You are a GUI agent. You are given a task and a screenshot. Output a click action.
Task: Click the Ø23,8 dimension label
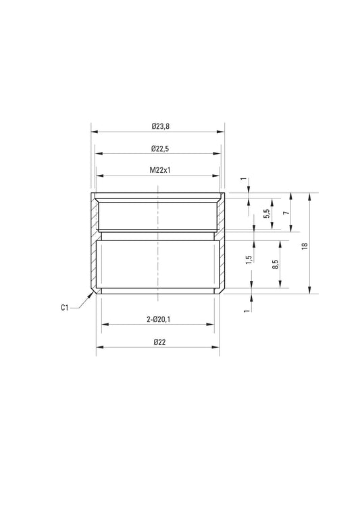160,126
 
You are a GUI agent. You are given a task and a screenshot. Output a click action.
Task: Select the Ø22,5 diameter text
160,149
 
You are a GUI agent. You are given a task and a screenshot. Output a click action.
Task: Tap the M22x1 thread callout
160,171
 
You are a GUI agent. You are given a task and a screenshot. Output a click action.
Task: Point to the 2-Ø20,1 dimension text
159,319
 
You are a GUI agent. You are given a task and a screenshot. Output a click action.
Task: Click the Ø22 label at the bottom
159,342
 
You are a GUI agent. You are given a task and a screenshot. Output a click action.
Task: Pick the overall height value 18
305,247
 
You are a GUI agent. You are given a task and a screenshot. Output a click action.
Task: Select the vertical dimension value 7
286,213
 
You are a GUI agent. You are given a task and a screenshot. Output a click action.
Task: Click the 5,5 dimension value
267,213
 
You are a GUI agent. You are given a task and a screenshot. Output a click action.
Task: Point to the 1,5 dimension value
249,259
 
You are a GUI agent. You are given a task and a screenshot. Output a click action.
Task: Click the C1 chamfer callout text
64,308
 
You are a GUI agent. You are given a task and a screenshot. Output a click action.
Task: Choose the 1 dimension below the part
246,309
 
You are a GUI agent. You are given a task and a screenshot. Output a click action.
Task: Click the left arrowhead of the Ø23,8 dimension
93,132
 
